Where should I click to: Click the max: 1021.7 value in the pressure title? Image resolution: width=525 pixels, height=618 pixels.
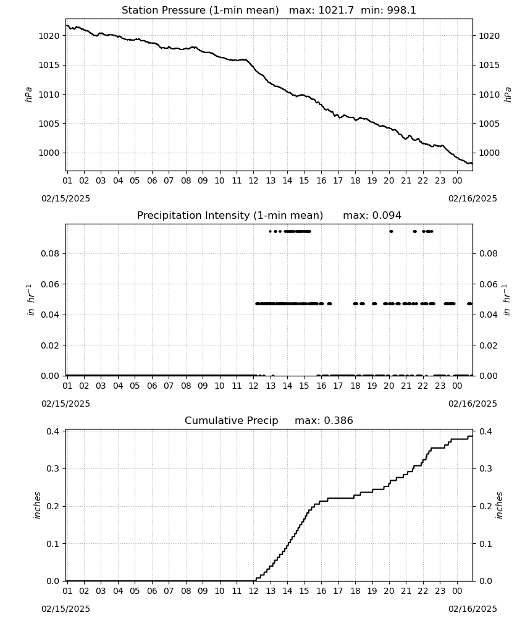click(x=321, y=11)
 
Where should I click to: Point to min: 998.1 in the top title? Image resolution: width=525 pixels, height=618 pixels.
click(x=388, y=11)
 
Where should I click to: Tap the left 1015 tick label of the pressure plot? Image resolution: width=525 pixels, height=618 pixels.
click(x=48, y=65)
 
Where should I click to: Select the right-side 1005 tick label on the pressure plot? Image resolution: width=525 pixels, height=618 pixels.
click(x=489, y=124)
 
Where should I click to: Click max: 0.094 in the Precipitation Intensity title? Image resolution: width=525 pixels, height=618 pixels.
click(x=372, y=216)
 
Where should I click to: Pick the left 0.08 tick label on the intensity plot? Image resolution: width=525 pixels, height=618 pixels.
click(x=50, y=253)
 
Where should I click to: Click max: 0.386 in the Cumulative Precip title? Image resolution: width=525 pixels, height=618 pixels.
click(x=324, y=421)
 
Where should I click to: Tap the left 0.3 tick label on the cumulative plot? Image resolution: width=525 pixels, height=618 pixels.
click(x=52, y=468)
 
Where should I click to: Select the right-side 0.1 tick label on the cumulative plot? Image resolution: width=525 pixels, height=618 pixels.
click(x=485, y=544)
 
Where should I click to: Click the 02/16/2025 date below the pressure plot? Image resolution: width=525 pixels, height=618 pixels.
click(x=472, y=198)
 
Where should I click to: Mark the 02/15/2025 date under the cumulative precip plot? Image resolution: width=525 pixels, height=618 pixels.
click(x=65, y=609)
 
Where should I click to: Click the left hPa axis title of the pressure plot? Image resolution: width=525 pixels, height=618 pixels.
click(x=28, y=95)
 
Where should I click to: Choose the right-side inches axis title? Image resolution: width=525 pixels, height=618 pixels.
click(x=500, y=506)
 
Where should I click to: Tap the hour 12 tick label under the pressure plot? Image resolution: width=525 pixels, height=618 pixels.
click(x=253, y=181)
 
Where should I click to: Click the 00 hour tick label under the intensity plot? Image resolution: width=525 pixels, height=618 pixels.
click(x=457, y=386)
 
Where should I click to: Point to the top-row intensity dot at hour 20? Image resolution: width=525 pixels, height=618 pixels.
click(x=391, y=231)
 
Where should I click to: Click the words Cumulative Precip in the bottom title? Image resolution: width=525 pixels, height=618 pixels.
click(x=232, y=421)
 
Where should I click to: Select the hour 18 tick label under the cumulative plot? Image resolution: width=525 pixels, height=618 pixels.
click(x=355, y=591)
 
